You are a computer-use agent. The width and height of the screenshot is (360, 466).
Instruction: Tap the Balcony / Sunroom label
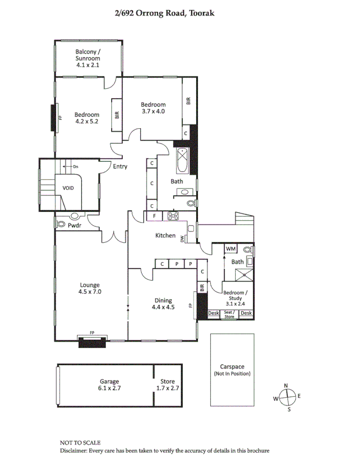88,55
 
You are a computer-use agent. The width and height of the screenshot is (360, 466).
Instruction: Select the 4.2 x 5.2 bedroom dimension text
87,121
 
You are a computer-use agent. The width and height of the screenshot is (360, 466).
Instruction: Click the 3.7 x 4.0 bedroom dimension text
153,111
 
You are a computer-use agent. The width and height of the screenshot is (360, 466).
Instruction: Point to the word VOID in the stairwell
68,188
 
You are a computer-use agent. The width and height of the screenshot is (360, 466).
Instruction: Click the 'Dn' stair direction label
75,166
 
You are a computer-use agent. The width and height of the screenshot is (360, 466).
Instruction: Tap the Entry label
120,167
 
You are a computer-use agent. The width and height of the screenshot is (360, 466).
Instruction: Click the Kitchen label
165,235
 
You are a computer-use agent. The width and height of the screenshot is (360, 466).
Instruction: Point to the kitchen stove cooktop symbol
173,216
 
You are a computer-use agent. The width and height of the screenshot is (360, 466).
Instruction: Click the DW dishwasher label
182,239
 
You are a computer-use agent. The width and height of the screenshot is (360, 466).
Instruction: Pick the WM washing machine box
230,249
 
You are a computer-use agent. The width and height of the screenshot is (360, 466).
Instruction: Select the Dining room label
163,301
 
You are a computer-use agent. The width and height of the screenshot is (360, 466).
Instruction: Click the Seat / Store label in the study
229,314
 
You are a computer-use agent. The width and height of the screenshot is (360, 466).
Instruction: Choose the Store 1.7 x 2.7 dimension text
167,388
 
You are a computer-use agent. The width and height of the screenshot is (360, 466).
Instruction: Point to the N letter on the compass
286,386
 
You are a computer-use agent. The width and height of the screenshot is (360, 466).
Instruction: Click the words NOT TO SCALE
80,443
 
